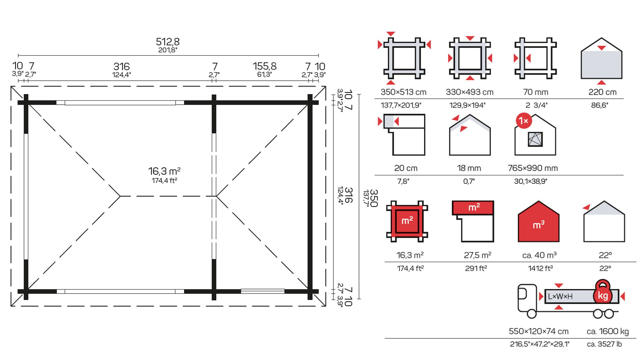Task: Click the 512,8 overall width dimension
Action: click(168, 42)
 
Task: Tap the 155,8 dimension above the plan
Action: click(265, 66)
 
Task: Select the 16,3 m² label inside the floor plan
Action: click(164, 171)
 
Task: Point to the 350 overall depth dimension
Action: click(374, 198)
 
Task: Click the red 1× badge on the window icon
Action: click(524, 121)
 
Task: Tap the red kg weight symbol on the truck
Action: click(603, 292)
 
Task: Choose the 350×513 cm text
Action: click(403, 92)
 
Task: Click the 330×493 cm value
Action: click(470, 92)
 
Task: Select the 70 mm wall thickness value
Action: click(536, 92)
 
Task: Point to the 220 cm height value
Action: click(602, 92)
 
